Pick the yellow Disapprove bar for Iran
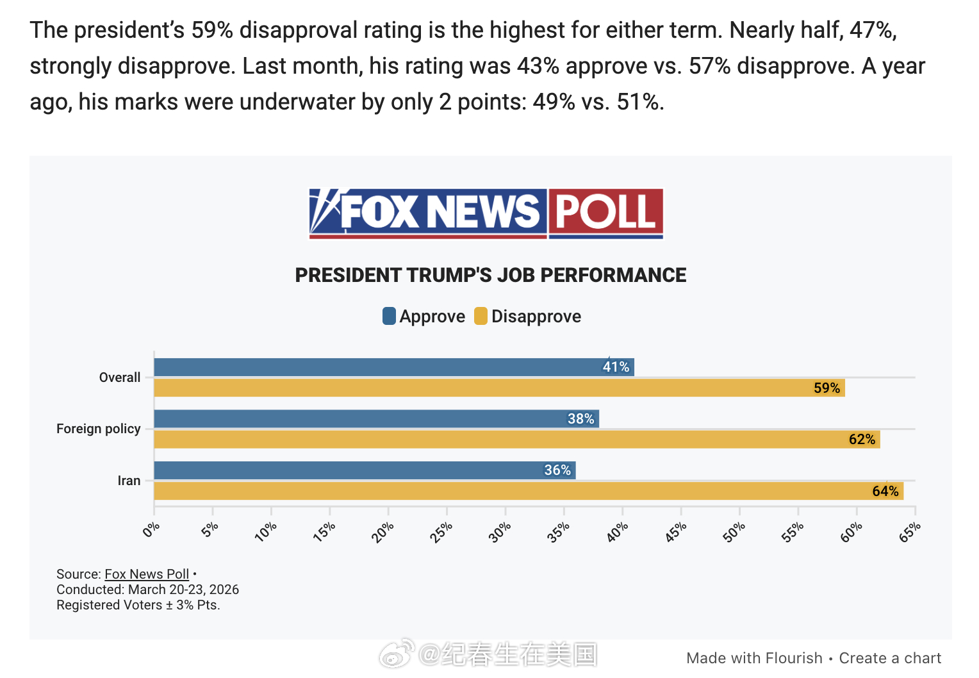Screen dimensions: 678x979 (x=513, y=491)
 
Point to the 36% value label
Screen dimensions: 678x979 (x=557, y=470)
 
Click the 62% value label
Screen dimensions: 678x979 (x=862, y=440)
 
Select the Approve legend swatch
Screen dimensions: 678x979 (x=389, y=316)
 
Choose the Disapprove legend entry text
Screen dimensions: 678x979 (x=536, y=317)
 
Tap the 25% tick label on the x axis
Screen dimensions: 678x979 (x=442, y=532)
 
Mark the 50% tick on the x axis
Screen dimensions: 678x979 (x=735, y=532)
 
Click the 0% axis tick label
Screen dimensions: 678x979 (x=151, y=530)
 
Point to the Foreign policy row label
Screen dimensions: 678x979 (x=99, y=429)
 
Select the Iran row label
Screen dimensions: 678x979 (x=129, y=481)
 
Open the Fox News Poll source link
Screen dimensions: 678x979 (x=147, y=574)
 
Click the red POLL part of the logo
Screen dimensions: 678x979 (x=605, y=212)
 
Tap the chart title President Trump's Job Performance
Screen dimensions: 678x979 (x=490, y=275)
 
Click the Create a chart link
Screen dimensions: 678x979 (x=890, y=658)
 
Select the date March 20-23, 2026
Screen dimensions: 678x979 (x=183, y=590)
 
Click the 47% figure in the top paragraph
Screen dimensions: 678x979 (x=872, y=30)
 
